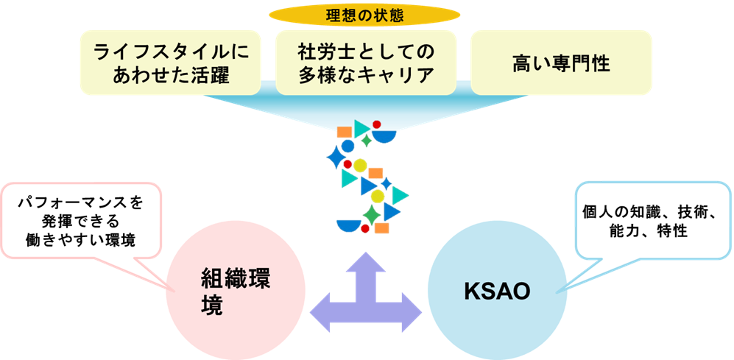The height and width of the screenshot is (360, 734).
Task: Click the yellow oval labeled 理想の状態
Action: [x=364, y=15]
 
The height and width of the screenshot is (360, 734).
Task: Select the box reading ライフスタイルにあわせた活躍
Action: [x=170, y=63]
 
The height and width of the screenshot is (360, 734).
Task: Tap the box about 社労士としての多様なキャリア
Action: [x=366, y=63]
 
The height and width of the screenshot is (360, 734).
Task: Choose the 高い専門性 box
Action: [x=561, y=63]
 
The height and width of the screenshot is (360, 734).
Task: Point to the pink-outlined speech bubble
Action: [x=82, y=221]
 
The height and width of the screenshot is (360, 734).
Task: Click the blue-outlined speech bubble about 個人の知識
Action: [x=652, y=221]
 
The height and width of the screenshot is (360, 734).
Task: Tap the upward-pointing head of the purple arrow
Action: [x=366, y=263]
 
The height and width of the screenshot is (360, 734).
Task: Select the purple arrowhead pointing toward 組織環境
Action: [x=321, y=309]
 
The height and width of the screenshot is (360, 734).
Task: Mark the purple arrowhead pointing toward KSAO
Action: [x=411, y=309]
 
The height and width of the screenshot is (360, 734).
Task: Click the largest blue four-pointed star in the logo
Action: [x=336, y=157]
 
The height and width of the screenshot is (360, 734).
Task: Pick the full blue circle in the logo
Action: [x=347, y=146]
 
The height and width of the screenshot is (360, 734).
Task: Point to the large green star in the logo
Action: [x=372, y=215]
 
